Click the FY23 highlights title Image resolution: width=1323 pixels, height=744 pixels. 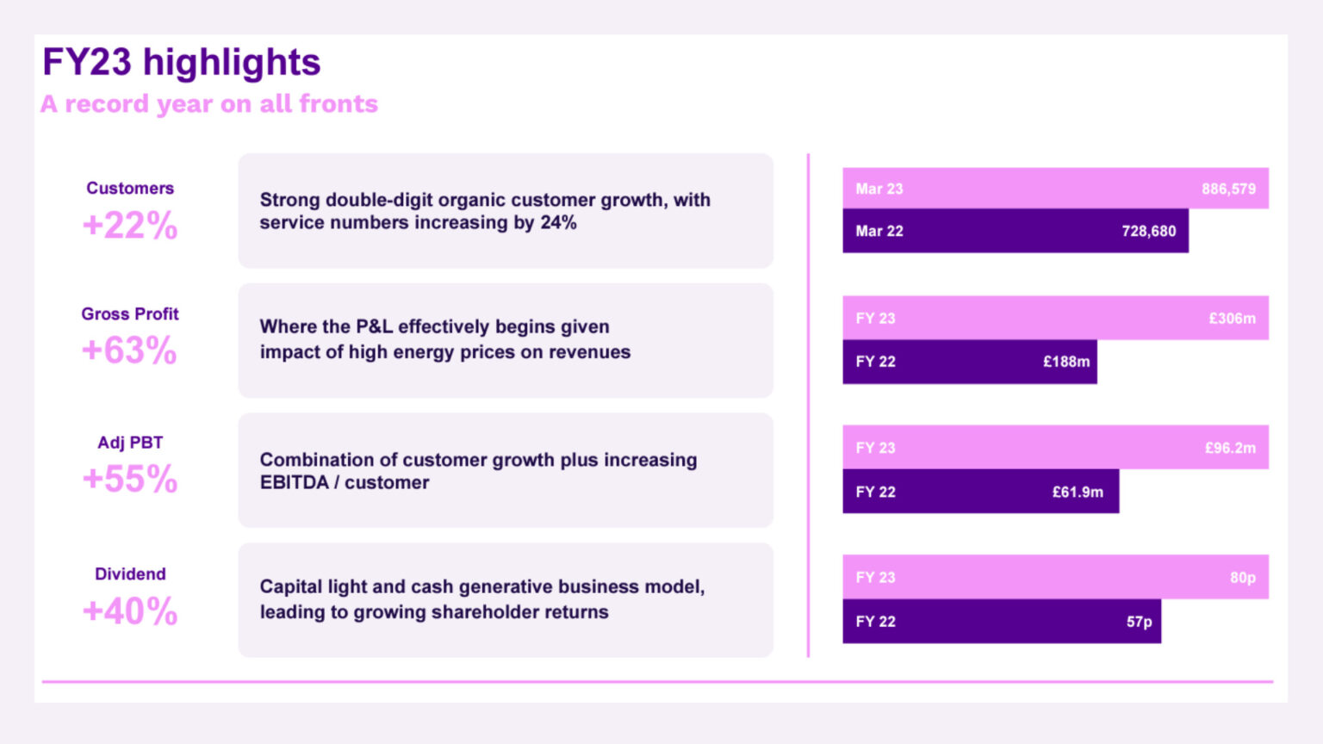[181, 63]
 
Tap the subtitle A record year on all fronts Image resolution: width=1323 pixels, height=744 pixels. [209, 104]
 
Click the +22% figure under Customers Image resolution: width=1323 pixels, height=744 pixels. [130, 226]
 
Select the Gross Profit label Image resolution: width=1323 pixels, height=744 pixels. [130, 314]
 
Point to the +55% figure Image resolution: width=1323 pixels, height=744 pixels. [130, 480]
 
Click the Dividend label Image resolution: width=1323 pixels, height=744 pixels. [130, 574]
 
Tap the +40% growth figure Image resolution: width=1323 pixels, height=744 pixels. [130, 611]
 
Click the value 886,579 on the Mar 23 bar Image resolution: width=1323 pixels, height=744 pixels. [1228, 189]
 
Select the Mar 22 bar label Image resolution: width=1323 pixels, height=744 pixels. [879, 231]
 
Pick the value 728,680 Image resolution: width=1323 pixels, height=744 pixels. [1148, 231]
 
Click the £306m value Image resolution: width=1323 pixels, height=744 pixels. [1232, 319]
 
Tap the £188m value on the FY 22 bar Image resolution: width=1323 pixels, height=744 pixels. [1066, 362]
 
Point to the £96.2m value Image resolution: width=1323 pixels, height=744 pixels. [1230, 448]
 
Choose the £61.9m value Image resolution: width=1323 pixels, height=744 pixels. [1078, 492]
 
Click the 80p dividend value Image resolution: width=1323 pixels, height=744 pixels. [1242, 578]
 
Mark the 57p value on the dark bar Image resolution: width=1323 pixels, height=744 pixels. [1139, 622]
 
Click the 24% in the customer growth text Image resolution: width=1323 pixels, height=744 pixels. [558, 223]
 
